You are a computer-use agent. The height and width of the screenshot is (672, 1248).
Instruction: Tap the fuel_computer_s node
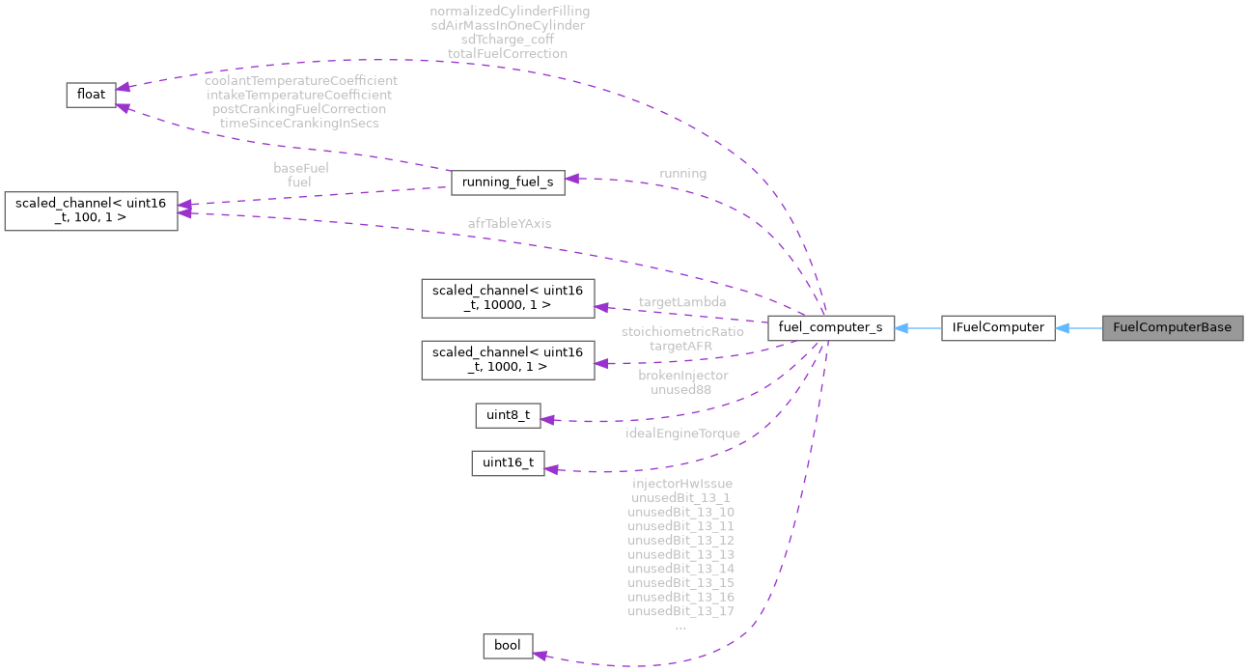(830, 327)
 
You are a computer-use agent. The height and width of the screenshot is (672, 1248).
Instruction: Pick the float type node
(91, 94)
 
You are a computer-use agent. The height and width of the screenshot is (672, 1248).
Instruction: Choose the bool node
(507, 646)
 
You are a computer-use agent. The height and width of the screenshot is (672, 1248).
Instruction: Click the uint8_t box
(508, 415)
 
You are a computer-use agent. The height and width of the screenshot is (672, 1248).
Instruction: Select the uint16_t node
(508, 462)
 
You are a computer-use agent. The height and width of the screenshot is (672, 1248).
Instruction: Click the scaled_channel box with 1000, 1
(508, 359)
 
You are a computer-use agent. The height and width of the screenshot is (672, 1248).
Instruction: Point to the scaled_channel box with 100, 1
(91, 210)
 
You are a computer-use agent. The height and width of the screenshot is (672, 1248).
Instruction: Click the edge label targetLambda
(682, 302)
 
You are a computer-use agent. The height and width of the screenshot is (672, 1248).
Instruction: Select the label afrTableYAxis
(510, 223)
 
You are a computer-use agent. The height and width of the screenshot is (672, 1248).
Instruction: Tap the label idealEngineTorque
(682, 434)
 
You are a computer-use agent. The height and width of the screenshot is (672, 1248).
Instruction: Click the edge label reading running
(682, 174)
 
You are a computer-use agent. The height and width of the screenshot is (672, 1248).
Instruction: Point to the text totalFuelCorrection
(508, 53)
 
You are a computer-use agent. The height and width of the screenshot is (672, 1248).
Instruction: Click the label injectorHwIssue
(681, 483)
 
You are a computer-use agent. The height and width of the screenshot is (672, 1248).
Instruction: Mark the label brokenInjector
(682, 375)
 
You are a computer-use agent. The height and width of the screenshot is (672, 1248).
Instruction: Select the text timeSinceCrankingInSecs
(300, 123)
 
